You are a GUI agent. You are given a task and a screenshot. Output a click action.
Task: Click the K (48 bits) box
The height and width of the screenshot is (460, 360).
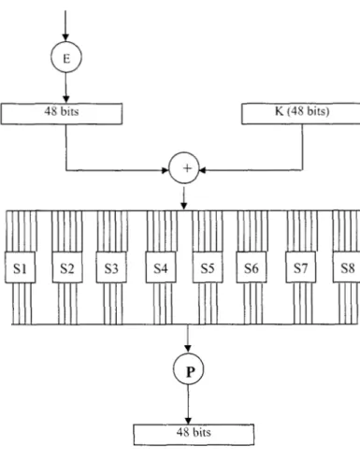click(x=301, y=114)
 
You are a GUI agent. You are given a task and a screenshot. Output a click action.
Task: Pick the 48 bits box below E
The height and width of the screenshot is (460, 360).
click(x=62, y=114)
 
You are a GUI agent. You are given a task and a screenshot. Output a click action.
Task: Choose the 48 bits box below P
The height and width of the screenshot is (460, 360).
click(x=194, y=435)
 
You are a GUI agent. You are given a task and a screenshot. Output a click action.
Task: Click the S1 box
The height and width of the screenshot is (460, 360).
click(x=20, y=267)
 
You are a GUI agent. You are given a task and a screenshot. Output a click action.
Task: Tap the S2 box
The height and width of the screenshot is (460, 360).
click(x=67, y=267)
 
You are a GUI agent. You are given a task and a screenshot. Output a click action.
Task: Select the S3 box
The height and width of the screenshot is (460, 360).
click(x=111, y=267)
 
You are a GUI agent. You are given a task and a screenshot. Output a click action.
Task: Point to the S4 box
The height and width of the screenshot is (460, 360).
click(x=161, y=267)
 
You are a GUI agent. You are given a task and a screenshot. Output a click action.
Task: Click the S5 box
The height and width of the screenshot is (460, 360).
click(x=208, y=267)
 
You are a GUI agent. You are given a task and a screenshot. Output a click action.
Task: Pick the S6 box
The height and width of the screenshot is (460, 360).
click(x=252, y=267)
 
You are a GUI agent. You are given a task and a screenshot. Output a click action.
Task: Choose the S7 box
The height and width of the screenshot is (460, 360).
click(x=301, y=267)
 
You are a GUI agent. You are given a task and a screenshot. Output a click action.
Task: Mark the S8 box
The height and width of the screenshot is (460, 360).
click(x=346, y=267)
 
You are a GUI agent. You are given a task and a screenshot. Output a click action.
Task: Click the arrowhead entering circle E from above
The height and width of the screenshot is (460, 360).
click(x=65, y=37)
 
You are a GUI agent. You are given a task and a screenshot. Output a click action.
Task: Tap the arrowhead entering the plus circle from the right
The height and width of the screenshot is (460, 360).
click(x=203, y=170)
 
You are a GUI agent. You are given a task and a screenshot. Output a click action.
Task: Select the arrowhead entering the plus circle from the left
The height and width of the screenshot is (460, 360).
click(x=166, y=170)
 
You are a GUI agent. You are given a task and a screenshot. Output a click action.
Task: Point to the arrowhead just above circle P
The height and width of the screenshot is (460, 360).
click(x=188, y=349)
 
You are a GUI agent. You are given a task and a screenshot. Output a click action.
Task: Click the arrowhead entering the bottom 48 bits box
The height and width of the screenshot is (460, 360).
click(x=188, y=420)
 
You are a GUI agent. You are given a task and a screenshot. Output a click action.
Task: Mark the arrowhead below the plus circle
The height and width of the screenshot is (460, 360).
click(x=184, y=206)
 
